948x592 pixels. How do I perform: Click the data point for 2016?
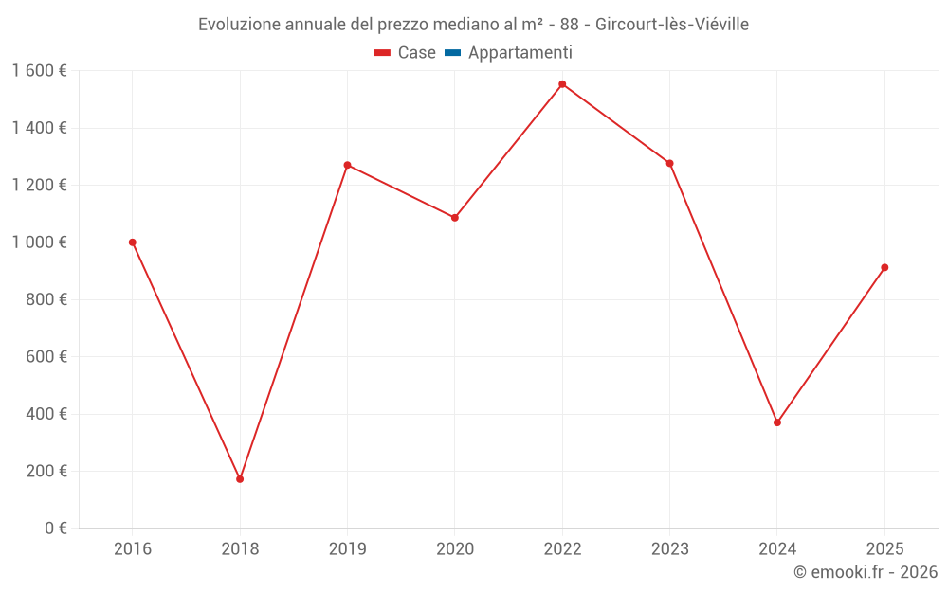[x=133, y=242]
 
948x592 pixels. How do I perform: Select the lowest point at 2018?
[x=240, y=479]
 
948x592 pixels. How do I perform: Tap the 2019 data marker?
[x=347, y=165]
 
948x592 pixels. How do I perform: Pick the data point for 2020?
[x=455, y=218]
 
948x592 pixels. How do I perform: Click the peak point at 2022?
[x=562, y=84]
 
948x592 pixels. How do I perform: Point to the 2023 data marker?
[x=669, y=163]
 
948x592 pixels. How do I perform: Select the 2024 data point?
[x=777, y=422]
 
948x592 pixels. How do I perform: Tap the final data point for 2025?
[x=884, y=267]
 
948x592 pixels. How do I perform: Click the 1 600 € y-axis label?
[x=39, y=71]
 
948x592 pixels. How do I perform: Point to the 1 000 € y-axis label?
[x=39, y=242]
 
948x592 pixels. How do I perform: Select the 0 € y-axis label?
[x=55, y=529]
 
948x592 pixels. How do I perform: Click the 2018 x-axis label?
[x=240, y=549]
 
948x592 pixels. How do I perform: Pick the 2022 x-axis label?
[x=562, y=549]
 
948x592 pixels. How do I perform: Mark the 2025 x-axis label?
[x=884, y=549]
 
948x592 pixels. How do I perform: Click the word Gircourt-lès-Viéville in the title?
[x=672, y=25]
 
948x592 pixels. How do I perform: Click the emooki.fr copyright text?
[x=866, y=572]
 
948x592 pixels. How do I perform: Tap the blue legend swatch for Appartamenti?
[x=452, y=53]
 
